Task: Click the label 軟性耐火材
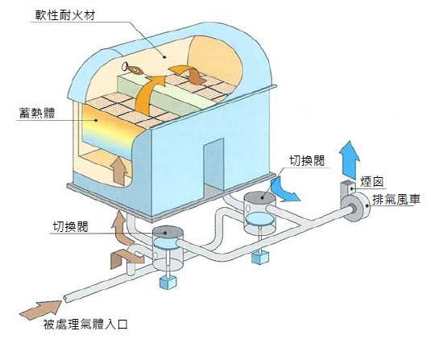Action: coord(65,15)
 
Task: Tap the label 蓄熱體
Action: coord(37,114)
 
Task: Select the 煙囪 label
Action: coord(371,182)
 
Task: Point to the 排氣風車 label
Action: coord(396,199)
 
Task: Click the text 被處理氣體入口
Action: coord(85,325)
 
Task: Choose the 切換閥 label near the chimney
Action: coord(307,161)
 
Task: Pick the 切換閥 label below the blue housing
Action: coord(70,227)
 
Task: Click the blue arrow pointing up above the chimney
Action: coord(350,160)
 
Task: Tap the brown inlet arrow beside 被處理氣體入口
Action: coord(41,310)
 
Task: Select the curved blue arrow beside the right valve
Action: coord(283,190)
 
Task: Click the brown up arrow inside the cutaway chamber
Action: coord(118,171)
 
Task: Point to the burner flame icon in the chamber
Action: coord(132,68)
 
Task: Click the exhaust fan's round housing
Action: coord(356,208)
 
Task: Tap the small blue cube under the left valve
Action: coord(168,282)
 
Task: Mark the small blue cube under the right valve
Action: coord(259,257)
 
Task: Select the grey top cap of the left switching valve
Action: coord(168,233)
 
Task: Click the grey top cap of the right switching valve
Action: coord(259,198)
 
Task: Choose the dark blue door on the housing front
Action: coord(213,165)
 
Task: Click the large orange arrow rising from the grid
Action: coord(150,96)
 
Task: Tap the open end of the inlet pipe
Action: coord(65,299)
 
